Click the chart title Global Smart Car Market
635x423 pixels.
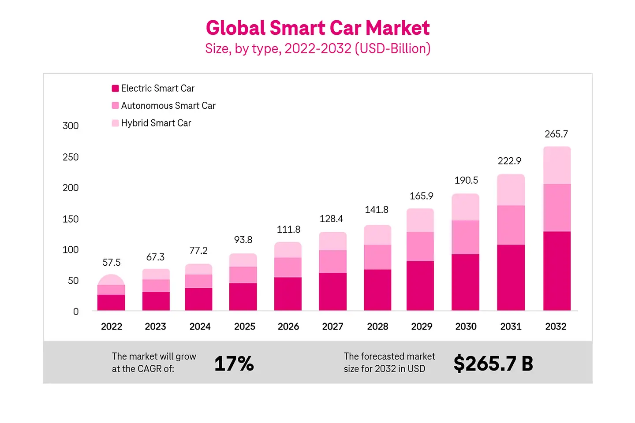click(317, 28)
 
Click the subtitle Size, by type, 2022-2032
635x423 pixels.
click(317, 48)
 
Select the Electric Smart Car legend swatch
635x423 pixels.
click(115, 89)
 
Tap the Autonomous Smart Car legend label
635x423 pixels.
click(168, 106)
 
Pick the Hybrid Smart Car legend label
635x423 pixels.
click(156, 123)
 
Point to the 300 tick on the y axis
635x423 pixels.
click(71, 126)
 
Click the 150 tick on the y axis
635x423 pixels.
click(71, 219)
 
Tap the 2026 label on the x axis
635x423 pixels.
click(288, 327)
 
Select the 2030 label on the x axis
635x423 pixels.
click(466, 327)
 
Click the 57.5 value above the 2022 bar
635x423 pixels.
click(111, 263)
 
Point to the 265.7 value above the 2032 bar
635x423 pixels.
click(556, 134)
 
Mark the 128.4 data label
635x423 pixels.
click(331, 219)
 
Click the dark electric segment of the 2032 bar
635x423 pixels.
click(557, 271)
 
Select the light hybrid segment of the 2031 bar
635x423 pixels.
click(511, 190)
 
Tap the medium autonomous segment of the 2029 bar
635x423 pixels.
click(420, 246)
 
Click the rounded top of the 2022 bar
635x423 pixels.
click(111, 279)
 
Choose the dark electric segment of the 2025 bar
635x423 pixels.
click(243, 297)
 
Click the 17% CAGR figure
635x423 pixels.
click(234, 364)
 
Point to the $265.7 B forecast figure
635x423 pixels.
click(493, 364)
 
